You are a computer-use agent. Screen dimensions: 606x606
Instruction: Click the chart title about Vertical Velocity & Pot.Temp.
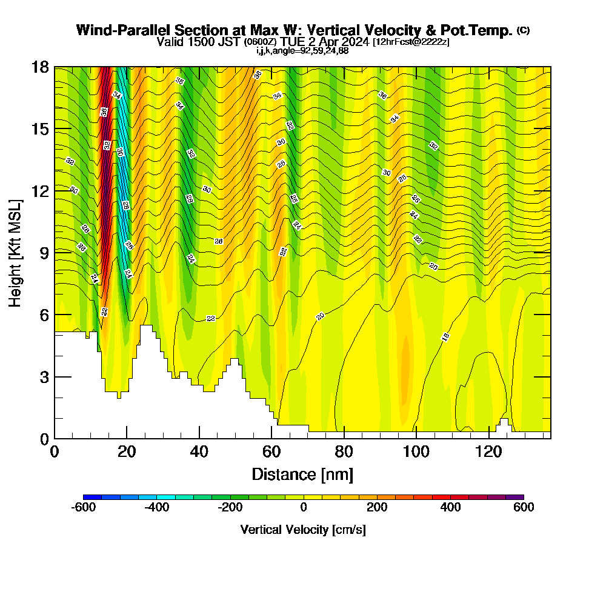[x=295, y=30]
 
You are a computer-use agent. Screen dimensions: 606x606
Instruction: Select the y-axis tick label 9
[x=44, y=253]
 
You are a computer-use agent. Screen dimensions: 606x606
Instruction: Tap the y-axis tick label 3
[x=44, y=377]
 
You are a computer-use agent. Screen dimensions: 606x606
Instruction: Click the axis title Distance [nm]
[x=302, y=473]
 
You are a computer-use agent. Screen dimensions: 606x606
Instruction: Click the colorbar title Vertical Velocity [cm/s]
[x=303, y=530]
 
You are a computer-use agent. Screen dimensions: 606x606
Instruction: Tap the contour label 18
[x=445, y=338]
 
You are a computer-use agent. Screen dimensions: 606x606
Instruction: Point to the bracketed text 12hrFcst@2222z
[x=411, y=42]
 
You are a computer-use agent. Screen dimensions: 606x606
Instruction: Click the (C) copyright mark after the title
[x=524, y=30]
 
